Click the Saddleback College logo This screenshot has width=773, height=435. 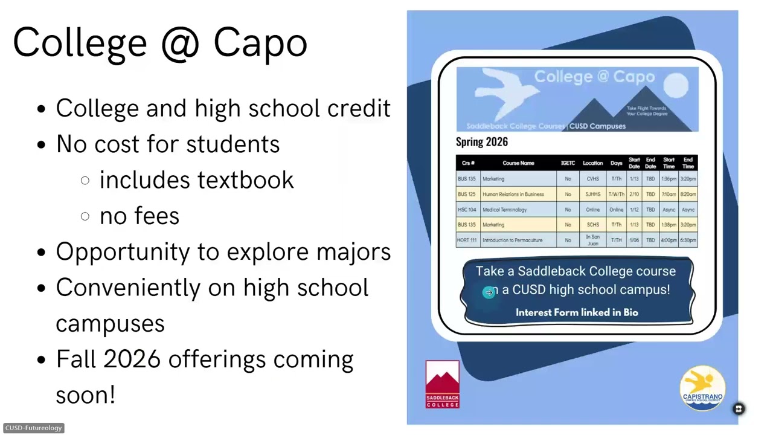tap(443, 384)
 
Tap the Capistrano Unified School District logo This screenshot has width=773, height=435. tap(702, 387)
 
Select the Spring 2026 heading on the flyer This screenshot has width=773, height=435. tap(482, 142)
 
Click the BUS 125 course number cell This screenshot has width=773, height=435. tap(467, 195)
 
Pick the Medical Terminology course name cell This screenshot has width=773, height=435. tap(505, 210)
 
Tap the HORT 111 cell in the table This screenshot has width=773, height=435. tap(467, 240)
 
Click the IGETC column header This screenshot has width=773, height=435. tap(568, 163)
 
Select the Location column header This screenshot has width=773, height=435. tap(592, 163)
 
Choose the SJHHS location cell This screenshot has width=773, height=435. tap(592, 195)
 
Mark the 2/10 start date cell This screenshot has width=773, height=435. tap(634, 195)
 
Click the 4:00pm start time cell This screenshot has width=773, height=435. tap(669, 240)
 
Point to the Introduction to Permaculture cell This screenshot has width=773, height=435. tap(513, 240)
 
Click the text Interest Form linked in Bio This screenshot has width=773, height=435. tap(577, 312)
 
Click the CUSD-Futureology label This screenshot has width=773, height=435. tap(33, 428)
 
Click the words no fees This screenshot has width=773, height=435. tap(140, 216)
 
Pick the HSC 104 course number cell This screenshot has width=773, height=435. tap(467, 210)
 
